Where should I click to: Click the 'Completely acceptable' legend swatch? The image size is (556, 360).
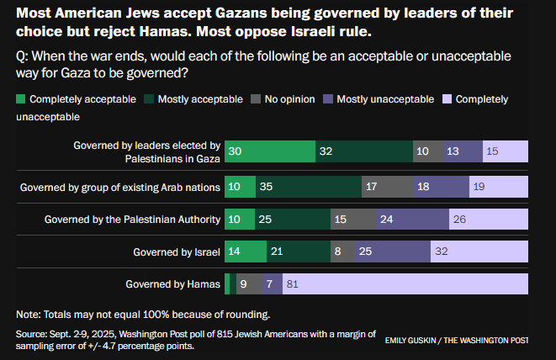coord(21,99)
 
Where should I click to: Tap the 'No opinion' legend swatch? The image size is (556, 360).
coord(255,99)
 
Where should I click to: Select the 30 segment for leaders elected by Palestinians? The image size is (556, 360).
coord(270,151)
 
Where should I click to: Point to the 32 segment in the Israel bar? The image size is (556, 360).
coord(479,251)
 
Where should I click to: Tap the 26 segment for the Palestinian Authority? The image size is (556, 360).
coord(488,219)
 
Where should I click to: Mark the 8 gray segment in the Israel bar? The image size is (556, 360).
coord(342,251)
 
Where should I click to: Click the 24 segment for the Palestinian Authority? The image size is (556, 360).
coord(413,219)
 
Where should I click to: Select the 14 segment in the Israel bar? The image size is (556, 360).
coord(246,251)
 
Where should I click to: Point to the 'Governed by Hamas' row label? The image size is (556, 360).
coord(172,284)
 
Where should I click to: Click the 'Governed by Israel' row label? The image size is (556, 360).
coord(177,251)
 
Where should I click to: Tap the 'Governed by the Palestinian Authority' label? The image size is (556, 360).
coord(132,219)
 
